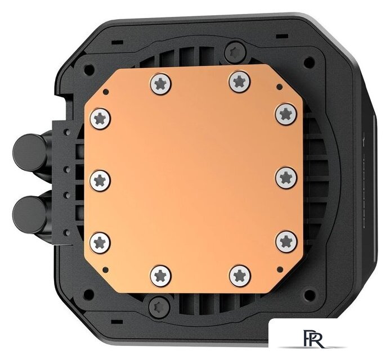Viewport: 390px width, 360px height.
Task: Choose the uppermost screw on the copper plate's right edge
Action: (x=286, y=113)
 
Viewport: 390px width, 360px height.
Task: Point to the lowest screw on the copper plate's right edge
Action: (x=286, y=241)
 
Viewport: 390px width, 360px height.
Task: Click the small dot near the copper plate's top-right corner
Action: (x=279, y=87)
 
